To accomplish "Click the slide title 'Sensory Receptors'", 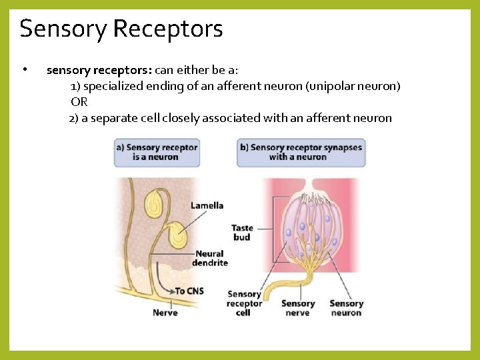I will (x=121, y=29).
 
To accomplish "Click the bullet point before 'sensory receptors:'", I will (x=24, y=69).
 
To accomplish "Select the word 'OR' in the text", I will (x=79, y=102).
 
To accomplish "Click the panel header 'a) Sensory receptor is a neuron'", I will (x=157, y=152).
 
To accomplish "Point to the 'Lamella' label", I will (x=207, y=205).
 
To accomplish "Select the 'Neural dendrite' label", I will (x=209, y=258).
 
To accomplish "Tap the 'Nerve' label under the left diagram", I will (x=165, y=312).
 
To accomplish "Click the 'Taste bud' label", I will (x=242, y=233).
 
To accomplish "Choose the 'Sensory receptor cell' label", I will (x=244, y=303).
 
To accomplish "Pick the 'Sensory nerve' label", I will (x=298, y=308).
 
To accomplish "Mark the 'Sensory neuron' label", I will (x=346, y=308).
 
